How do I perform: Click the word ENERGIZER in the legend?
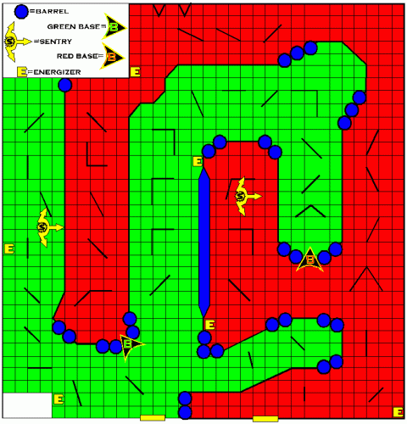coord(55,72)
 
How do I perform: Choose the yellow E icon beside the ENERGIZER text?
coord(22,72)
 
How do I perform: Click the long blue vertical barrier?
coord(203,243)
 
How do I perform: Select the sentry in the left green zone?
coord(45,226)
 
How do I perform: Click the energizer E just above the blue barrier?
coord(198,161)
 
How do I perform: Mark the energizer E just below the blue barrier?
coord(209,325)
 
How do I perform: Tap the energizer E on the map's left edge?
coord(9,249)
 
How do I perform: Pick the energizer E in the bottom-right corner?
coord(397,410)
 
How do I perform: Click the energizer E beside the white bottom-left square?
coord(59,399)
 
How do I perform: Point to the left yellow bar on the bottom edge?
coord(152,418)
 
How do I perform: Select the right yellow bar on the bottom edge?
coord(265,419)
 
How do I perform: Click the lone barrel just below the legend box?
coord(64,86)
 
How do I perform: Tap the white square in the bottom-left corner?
coord(25,406)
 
